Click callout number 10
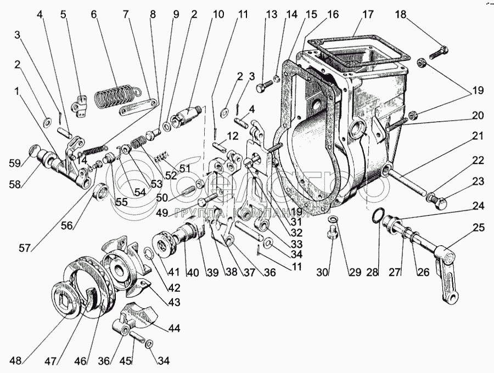click(218, 15)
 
